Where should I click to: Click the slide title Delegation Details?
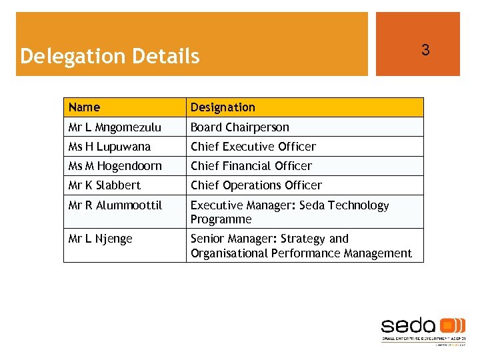pos(110,56)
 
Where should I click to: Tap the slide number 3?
pos(425,50)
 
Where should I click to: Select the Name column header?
pos(84,107)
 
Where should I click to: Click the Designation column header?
pos(223,107)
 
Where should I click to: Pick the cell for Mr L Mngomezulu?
pos(115,127)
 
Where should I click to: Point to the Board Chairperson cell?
pos(240,127)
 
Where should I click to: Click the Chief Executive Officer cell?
pos(253,146)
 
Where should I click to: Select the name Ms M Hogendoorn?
pos(115,165)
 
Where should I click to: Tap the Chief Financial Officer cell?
pos(251,165)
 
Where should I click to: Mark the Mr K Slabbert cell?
pos(105,185)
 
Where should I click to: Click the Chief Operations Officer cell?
pos(256,185)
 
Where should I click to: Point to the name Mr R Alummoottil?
pos(115,205)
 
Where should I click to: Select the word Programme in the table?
pos(221,219)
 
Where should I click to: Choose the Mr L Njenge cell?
pos(100,238)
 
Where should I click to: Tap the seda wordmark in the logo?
pos(409,326)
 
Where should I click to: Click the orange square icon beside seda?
pos(453,325)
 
